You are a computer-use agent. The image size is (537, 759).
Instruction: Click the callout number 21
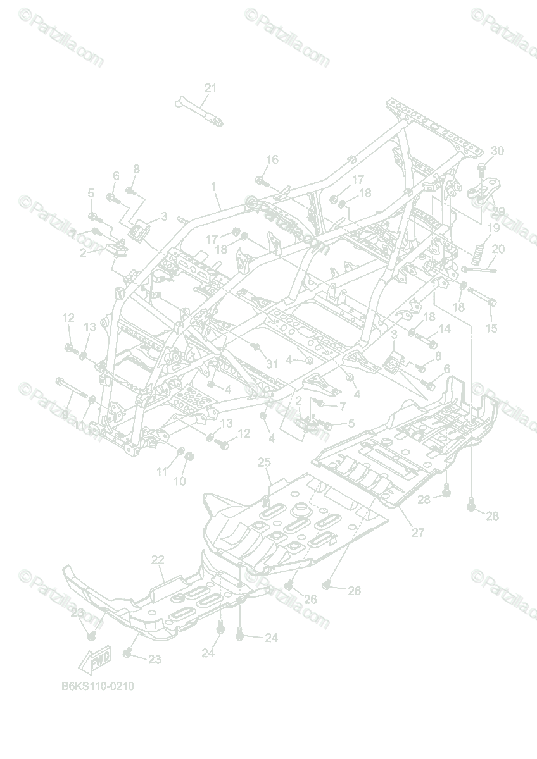210,89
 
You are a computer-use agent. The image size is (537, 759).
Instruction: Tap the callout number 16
272,160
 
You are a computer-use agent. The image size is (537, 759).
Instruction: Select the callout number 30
497,151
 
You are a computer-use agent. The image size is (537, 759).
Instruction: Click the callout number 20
498,249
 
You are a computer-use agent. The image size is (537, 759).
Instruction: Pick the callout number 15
491,328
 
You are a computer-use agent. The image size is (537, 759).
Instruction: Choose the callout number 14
444,328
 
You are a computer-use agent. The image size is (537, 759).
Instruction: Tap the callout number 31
272,364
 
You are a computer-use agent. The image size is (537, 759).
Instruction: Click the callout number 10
180,481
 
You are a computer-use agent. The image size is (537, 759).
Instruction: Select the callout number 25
264,463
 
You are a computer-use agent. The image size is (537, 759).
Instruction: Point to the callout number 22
158,560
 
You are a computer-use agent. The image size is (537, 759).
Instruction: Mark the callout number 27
418,533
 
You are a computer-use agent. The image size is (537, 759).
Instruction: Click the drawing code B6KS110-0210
98,686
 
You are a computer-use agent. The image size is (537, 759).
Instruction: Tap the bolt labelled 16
260,182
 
